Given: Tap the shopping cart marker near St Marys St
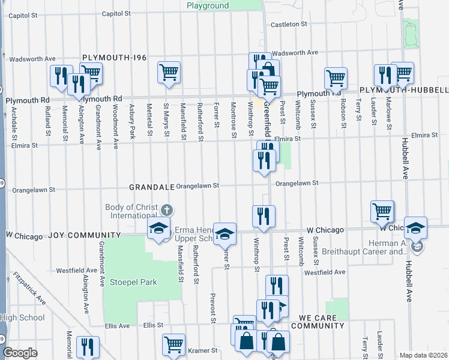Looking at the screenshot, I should click(169, 72).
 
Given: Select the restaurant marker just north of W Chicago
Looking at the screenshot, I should click(264, 216).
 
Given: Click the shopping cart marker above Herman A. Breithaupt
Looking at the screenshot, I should click(382, 211).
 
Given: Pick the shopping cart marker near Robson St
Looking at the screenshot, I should click(336, 77).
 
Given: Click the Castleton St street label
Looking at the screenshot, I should click(289, 25).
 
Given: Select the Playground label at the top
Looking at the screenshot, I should click(207, 5).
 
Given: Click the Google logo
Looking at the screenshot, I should click(20, 353).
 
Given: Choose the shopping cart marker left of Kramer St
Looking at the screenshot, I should click(173, 344).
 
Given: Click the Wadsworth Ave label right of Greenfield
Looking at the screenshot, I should click(295, 53).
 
